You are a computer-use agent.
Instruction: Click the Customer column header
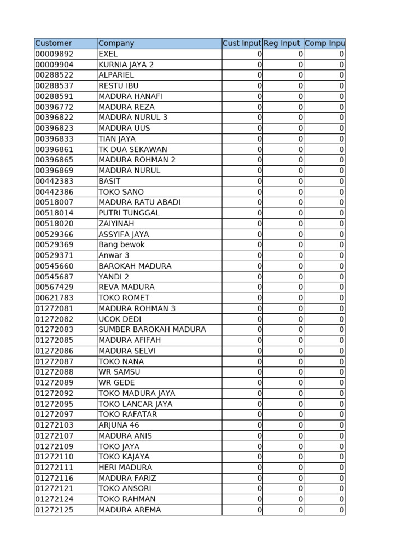pyautogui.click(x=54, y=43)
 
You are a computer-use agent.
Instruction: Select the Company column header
pyautogui.click(x=116, y=43)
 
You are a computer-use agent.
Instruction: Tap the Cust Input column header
pyautogui.click(x=242, y=43)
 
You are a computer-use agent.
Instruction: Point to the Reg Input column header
pyautogui.click(x=282, y=43)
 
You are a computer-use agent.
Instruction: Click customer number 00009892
pyautogui.click(x=54, y=54)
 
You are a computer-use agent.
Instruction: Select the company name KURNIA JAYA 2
pyautogui.click(x=126, y=65)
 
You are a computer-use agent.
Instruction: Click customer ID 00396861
pyautogui.click(x=54, y=149)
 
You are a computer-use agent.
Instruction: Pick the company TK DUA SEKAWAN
pyautogui.click(x=133, y=149)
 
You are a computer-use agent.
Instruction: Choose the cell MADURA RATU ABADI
pyautogui.click(x=139, y=202)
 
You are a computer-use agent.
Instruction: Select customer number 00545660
pyautogui.click(x=54, y=266)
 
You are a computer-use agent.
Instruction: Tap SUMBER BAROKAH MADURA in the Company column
pyautogui.click(x=152, y=330)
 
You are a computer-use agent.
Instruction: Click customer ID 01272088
pyautogui.click(x=54, y=372)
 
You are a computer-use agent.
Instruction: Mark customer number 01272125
pyautogui.click(x=54, y=510)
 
